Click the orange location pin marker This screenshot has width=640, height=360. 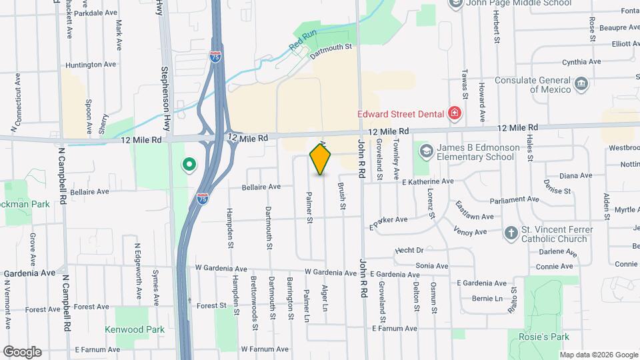(321, 159)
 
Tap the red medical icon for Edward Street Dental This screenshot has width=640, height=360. (455, 113)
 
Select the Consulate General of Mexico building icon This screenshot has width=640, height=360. (581, 83)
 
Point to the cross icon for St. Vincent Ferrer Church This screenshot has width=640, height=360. (511, 233)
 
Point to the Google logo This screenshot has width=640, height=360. (22, 351)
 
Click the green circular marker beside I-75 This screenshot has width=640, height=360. (189, 163)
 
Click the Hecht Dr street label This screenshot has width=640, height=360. (409, 250)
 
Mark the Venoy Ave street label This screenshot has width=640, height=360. (471, 232)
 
